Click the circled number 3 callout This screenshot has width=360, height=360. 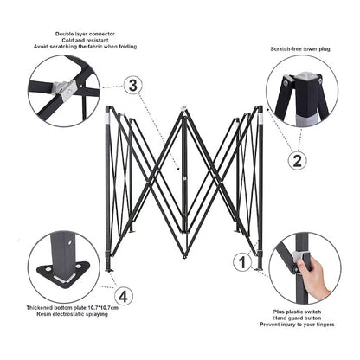132,86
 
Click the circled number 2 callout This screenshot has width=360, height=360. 297,160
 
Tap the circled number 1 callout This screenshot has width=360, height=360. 242,262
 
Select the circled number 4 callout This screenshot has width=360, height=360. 124,296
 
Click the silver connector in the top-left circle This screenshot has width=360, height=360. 66,88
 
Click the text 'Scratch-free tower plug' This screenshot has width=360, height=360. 300,49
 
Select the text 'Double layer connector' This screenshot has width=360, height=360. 85,34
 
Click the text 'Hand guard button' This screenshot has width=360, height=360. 297,318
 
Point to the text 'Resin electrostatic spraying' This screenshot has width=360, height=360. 72,314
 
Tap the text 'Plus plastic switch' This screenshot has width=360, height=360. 297,312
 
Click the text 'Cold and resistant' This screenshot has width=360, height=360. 85,41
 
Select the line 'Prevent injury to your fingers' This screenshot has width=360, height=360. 297,325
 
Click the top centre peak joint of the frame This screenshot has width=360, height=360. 183,108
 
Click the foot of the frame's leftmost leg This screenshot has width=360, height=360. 110,270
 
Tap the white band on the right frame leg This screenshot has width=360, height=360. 260,118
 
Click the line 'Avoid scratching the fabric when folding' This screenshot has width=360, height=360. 85,47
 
